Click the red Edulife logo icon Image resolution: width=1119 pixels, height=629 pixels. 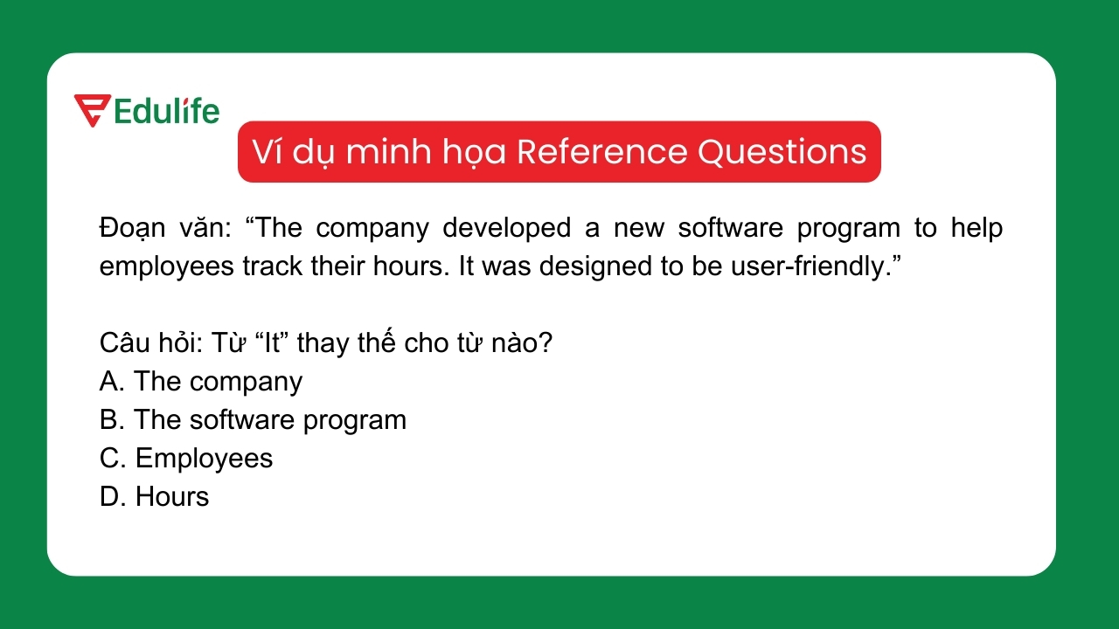pos(92,110)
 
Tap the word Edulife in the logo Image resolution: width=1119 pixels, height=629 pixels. pos(167,111)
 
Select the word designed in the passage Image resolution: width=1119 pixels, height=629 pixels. pos(587,266)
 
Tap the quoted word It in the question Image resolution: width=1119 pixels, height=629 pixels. pos(271,342)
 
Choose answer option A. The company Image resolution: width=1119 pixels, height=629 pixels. pos(201,381)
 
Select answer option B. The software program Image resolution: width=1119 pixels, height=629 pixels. pos(253,419)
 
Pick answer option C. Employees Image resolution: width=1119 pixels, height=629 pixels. pos(186,458)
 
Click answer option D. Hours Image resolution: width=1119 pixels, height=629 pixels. pos(155,496)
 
